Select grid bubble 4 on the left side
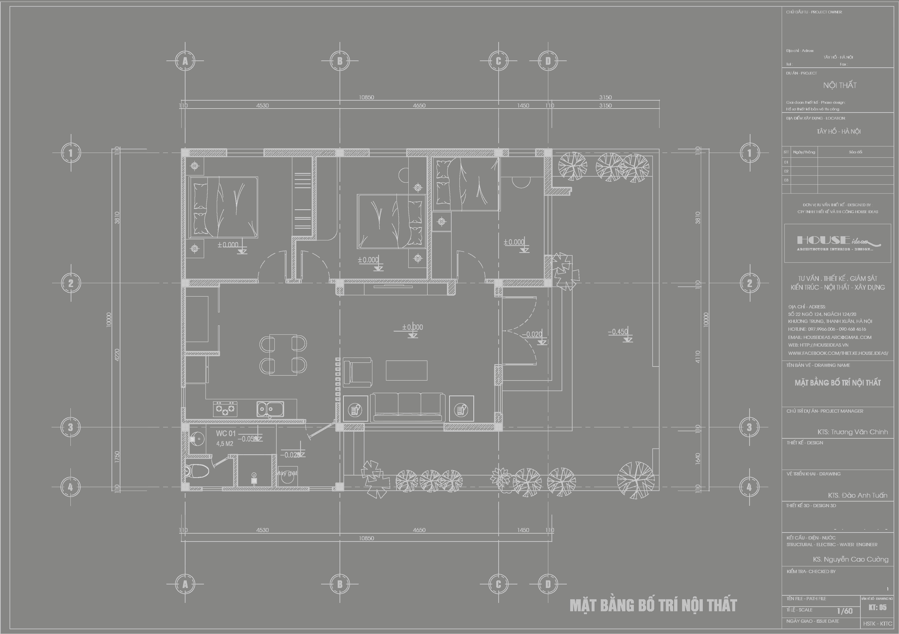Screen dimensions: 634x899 [70, 487]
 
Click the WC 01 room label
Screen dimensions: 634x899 [226, 433]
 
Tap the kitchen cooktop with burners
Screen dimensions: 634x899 [225, 409]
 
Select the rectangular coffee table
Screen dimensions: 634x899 [406, 370]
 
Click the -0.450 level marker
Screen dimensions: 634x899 [618, 332]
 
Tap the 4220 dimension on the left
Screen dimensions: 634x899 [117, 355]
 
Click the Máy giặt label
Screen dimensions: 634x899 [287, 473]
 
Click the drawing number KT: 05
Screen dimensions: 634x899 [877, 608]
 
